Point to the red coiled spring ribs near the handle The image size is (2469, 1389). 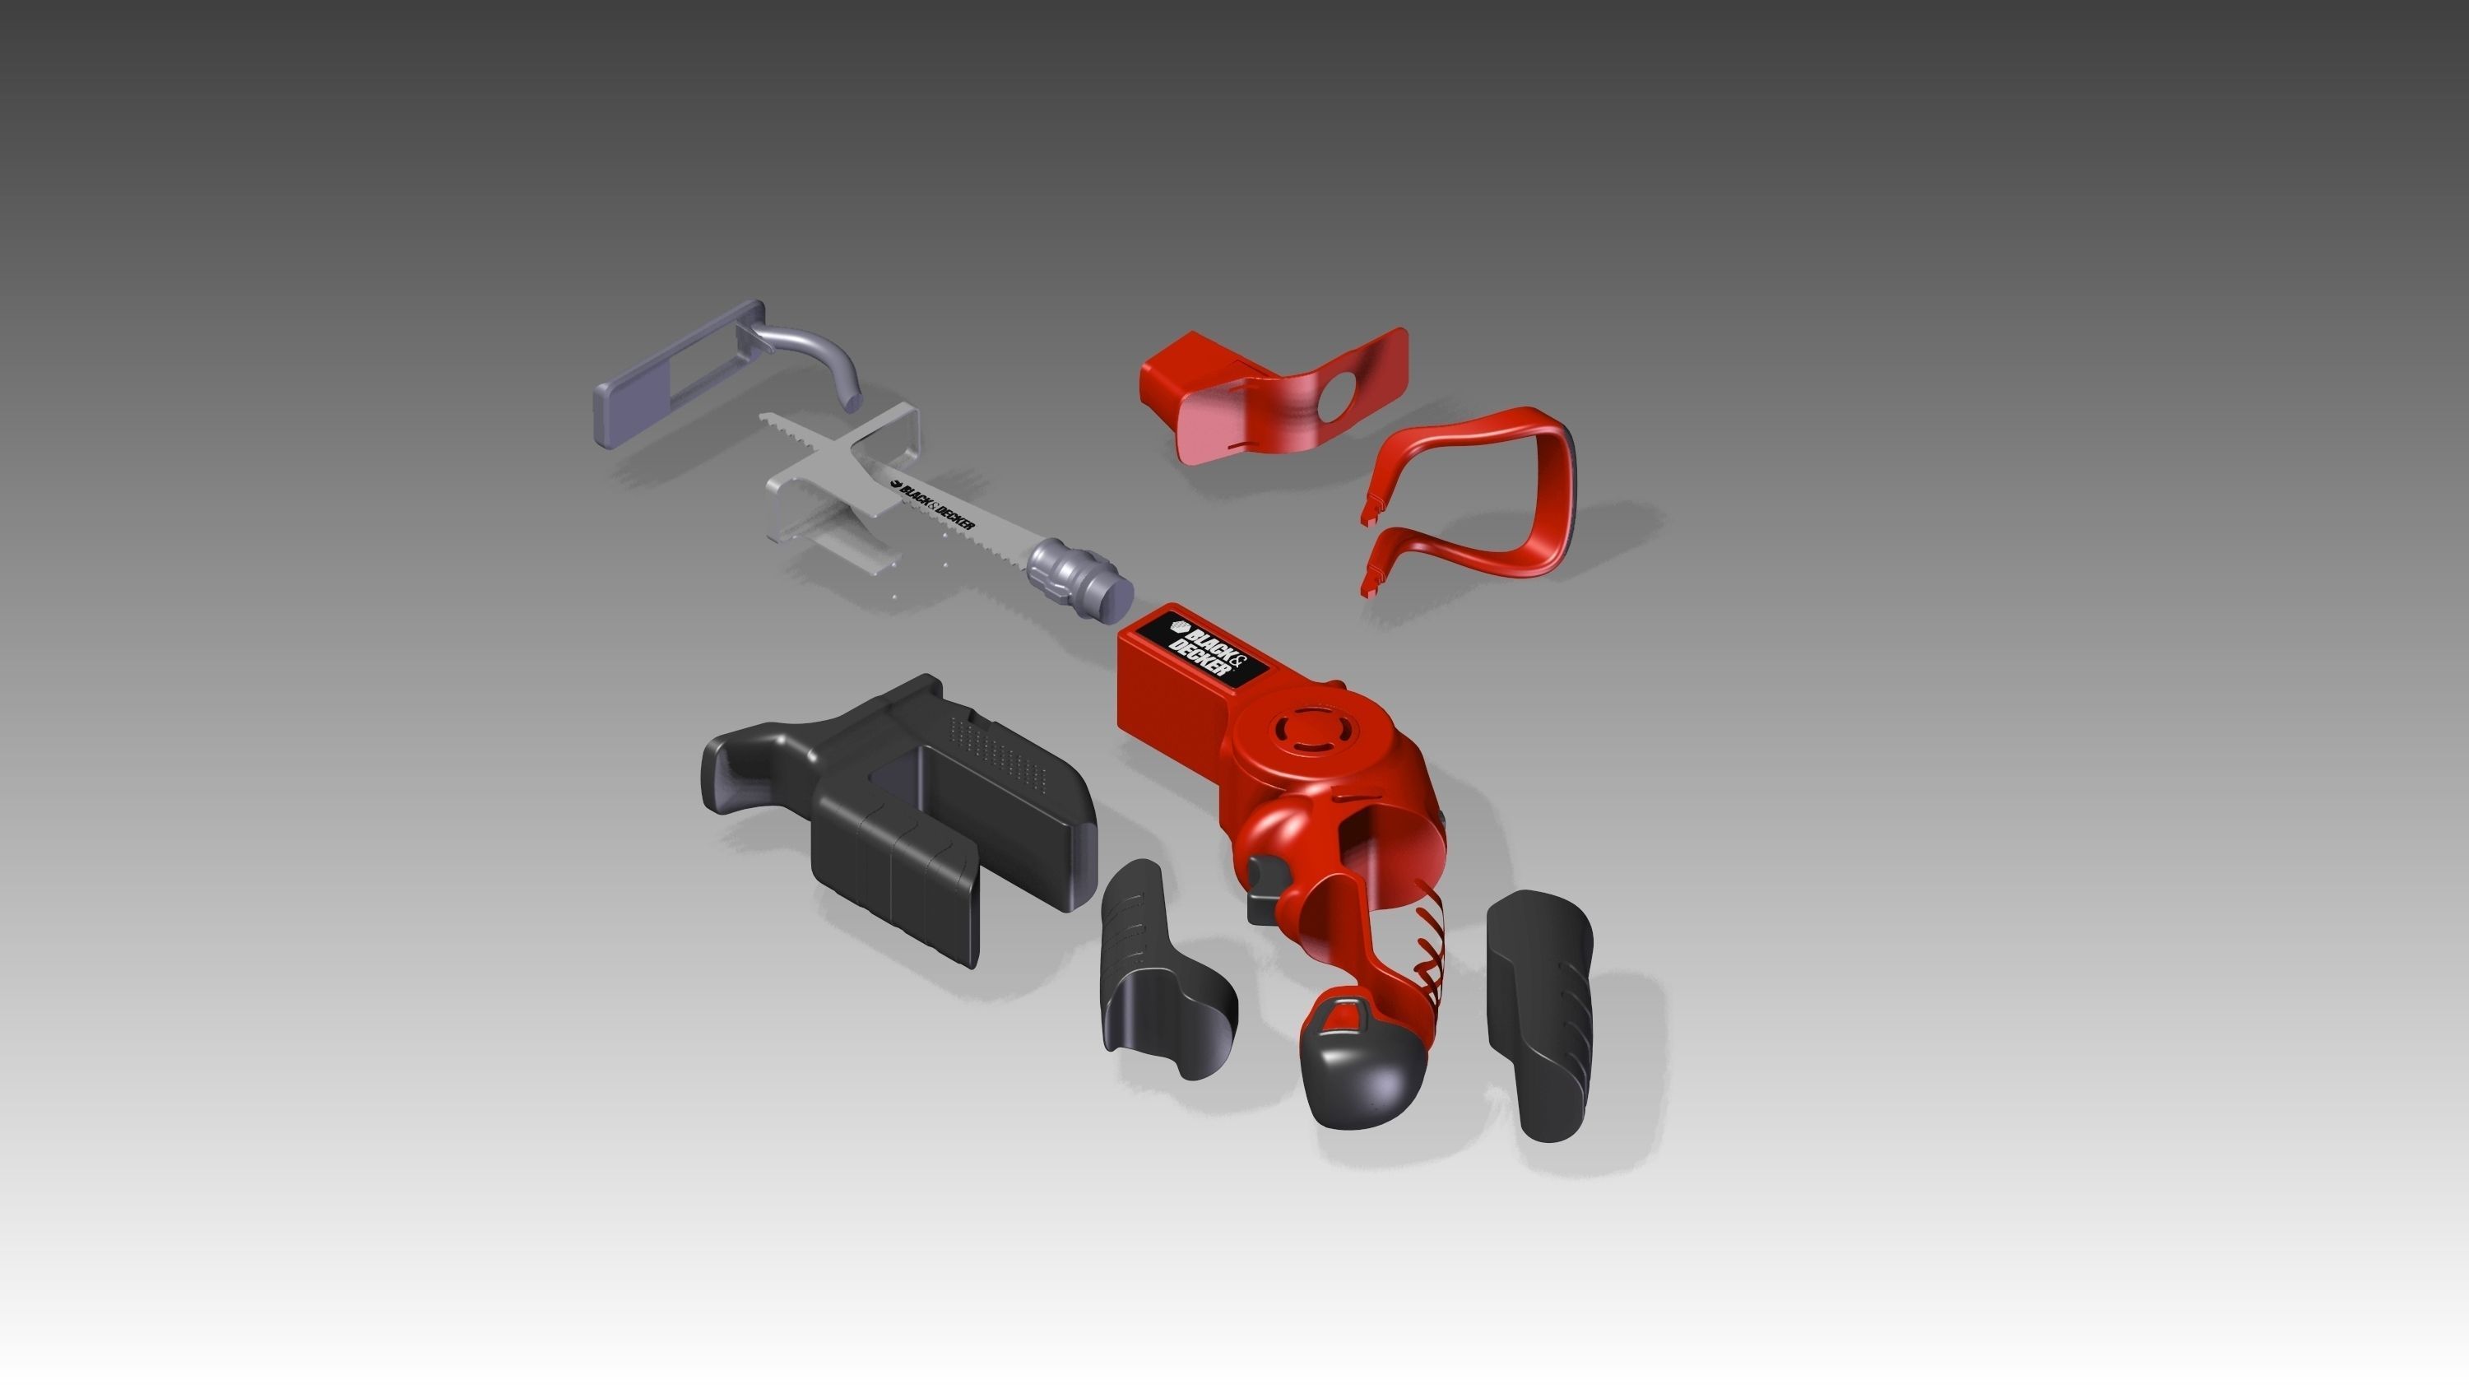point(1428,949)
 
